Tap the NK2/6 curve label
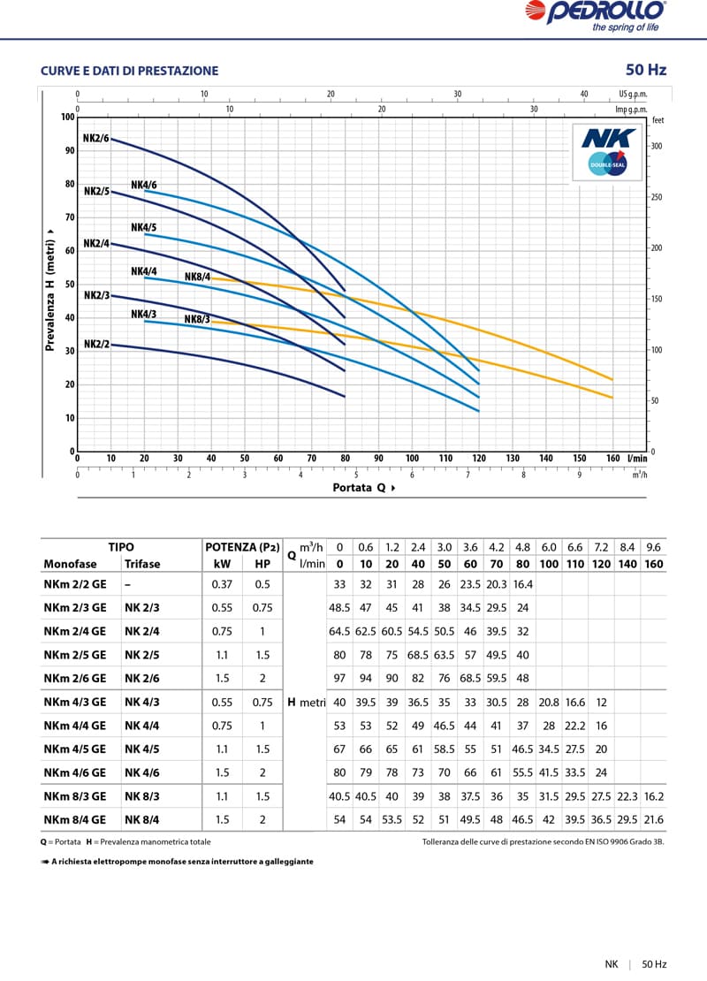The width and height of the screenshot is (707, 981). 95,138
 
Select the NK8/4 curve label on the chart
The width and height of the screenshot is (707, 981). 197,277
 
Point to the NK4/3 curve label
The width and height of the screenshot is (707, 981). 144,314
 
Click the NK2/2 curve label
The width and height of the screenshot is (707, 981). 96,344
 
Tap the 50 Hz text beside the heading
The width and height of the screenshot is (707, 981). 645,70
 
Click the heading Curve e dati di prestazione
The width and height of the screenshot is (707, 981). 129,71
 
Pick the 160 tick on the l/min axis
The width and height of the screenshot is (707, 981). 613,459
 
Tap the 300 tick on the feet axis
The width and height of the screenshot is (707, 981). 657,147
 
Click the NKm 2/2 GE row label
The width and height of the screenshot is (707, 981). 74,584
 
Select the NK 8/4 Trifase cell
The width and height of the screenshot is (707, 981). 142,819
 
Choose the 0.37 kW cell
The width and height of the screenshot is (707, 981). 222,584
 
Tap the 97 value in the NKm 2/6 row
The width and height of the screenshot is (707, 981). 339,679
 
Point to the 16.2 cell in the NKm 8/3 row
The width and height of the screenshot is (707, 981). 654,796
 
